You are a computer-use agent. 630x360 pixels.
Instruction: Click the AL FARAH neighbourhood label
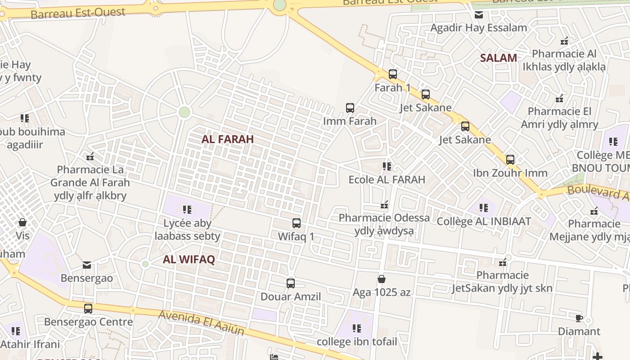coord(228,139)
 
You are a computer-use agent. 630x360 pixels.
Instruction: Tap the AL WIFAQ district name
coord(189,259)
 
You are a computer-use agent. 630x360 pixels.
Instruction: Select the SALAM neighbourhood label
coord(498,58)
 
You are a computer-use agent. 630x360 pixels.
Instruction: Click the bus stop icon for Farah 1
coord(393,74)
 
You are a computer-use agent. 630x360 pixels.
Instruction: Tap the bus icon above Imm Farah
coord(350,108)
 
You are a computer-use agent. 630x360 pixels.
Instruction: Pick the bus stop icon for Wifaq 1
coord(297,223)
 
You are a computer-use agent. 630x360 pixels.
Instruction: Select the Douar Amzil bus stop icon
coord(291,283)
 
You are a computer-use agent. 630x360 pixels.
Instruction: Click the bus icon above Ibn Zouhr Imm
coord(510,160)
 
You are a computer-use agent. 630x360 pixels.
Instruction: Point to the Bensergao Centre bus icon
coord(88,309)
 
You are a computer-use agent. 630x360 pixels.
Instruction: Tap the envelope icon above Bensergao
coord(87,265)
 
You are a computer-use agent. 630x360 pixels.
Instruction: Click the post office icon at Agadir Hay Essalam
coord(479,15)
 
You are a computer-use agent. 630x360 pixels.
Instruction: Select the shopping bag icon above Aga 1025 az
coord(382,279)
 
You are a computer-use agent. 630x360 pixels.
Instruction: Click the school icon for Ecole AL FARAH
coord(387,166)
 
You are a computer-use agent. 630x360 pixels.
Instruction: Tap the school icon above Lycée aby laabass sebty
coord(187,209)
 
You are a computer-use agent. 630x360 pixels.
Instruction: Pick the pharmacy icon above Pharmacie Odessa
coord(384,205)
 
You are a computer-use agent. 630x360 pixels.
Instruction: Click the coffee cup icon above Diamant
coord(579,319)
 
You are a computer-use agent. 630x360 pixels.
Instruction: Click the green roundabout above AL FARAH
coord(184,112)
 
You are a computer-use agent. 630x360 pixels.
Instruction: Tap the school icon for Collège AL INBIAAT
coord(484,208)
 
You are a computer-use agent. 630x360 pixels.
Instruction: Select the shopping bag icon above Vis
coord(22,222)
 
